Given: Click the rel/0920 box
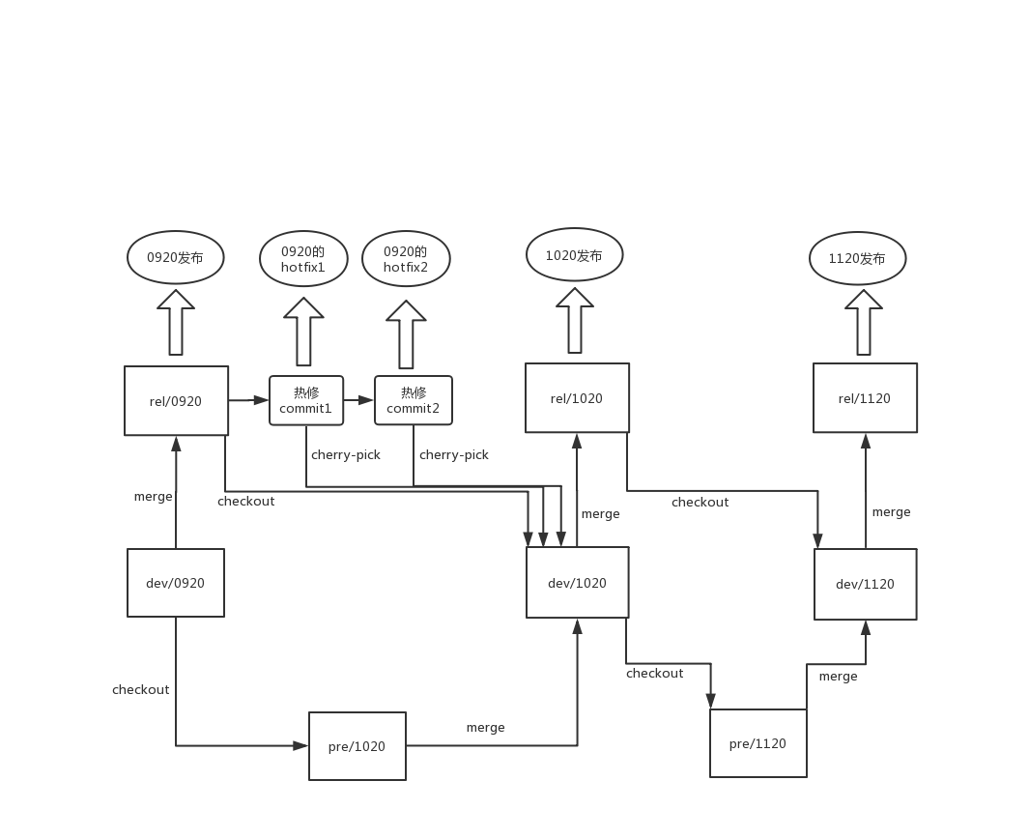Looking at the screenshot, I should pos(176,400).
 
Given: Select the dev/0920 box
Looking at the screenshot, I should pos(176,583).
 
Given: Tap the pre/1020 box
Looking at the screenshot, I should pos(357,746).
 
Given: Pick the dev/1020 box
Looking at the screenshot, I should pos(577,583).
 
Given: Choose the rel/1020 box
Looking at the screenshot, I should pos(577,398).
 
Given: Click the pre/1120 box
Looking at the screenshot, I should pos(757,743).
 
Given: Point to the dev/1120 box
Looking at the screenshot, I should pos(865,584).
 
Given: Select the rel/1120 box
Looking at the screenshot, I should pos(865,398).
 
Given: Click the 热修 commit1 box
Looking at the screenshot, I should pos(306,400).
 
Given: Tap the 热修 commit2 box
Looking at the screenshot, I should pos(413,400).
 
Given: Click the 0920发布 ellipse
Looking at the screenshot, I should pos(176,258).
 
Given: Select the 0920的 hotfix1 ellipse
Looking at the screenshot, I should pos(303,259).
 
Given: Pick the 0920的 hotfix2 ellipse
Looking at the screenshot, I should pos(406,259).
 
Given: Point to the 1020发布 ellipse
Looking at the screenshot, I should pos(574,255).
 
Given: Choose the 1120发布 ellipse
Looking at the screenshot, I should pos(857,259).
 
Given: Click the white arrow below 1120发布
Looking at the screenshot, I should pos(864,323).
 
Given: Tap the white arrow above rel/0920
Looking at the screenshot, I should pos(176,323).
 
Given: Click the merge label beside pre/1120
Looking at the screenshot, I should pos(838,677).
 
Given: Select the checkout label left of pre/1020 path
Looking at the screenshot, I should pos(141,689).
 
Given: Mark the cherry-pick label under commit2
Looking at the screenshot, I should pos(454,454).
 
